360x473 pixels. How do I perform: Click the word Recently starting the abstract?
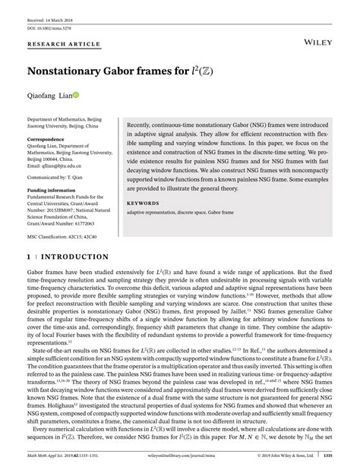click(x=143, y=124)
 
